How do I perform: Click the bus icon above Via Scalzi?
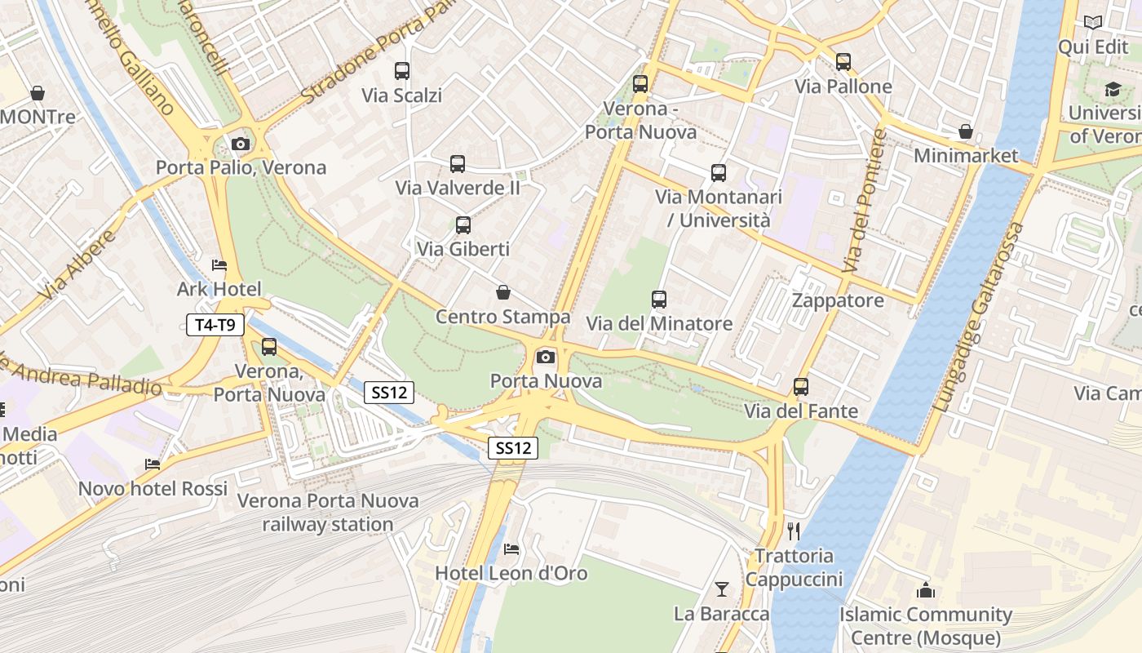401,71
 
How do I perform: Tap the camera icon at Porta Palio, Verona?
240,144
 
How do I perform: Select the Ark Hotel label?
219,289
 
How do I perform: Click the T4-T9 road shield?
215,325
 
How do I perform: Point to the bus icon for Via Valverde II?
458,164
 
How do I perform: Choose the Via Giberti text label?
463,249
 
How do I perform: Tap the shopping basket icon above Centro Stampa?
503,292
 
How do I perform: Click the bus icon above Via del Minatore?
659,300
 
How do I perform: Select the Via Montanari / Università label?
719,208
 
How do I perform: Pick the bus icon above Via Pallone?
843,62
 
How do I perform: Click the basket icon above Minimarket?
966,131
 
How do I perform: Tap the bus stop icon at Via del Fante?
801,387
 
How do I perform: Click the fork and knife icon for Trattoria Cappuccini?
794,531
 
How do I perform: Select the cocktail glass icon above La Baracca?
722,589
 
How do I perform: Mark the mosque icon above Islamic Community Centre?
926,589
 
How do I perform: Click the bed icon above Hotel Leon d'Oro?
511,549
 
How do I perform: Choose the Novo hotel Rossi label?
153,488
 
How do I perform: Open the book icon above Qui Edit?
1093,23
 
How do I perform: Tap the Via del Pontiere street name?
865,201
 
